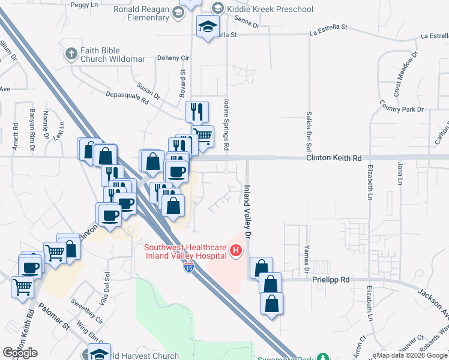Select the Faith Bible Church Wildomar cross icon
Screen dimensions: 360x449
71,53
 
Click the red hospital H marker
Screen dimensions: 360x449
237,250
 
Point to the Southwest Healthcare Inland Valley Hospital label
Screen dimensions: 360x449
185,251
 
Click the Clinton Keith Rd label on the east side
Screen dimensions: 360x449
334,158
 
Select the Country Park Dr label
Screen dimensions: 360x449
402,106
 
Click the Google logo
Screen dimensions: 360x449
20,353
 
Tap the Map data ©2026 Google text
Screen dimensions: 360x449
411,355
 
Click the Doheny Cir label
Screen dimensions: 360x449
173,58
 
